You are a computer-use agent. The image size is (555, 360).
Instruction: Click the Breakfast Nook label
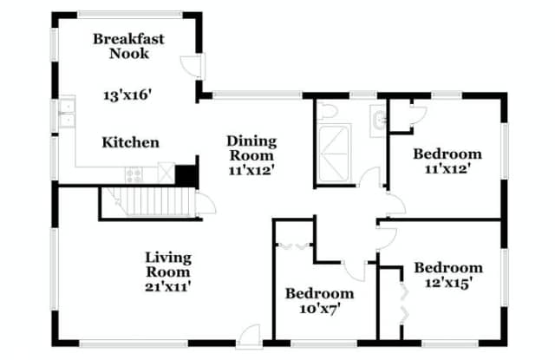(129, 46)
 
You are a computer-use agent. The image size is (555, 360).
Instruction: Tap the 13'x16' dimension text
(127, 95)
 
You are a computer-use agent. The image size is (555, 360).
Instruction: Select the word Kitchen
(131, 142)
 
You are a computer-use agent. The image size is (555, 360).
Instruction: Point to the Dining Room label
(251, 148)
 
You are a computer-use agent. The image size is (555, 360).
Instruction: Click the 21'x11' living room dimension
(168, 286)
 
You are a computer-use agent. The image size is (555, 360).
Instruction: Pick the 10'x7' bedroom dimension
(320, 309)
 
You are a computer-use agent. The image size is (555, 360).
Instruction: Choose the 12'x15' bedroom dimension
(448, 283)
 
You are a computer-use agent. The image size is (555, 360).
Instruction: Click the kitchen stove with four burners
(134, 175)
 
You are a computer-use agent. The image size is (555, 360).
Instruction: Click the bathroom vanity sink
(378, 121)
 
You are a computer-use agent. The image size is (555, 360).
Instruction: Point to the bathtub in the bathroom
(334, 153)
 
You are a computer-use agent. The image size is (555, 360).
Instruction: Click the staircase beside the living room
(148, 201)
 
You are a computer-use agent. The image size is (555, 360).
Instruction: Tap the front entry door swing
(249, 337)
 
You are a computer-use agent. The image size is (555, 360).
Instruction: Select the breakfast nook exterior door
(193, 65)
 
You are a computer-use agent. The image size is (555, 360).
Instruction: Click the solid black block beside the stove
(186, 175)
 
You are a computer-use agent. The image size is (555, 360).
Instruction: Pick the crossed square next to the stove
(166, 173)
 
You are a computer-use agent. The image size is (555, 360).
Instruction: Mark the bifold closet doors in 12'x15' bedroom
(404, 302)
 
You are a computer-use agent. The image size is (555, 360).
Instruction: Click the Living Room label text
(168, 265)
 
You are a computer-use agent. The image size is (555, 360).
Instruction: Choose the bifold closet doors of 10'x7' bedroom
(294, 245)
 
